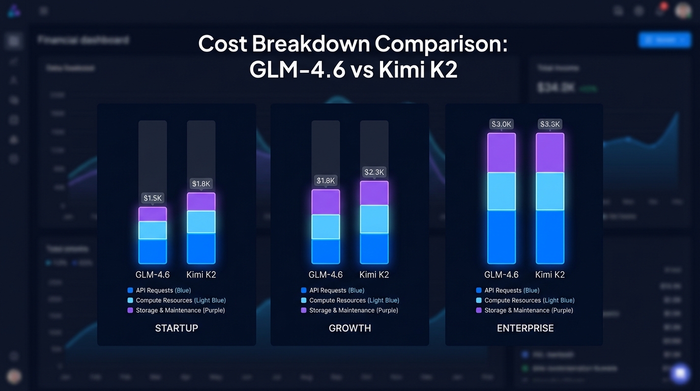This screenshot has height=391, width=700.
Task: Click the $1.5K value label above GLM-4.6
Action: pos(153,198)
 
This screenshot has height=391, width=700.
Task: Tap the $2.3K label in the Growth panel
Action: pos(374,172)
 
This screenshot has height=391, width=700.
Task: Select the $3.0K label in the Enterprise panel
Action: pos(501,124)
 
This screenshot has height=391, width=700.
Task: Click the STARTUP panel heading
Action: pos(177,328)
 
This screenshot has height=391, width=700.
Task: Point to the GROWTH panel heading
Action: pos(350,328)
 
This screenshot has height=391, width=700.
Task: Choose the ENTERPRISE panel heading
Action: pos(525,328)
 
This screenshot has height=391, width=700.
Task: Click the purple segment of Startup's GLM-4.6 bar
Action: pos(153,214)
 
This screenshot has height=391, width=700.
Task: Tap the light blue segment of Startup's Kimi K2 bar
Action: pos(201,222)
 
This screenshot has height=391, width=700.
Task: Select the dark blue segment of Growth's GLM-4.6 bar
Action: pos(326,251)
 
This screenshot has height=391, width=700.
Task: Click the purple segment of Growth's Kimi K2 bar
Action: pos(374,193)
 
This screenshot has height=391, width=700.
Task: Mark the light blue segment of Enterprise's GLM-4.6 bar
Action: pos(501,191)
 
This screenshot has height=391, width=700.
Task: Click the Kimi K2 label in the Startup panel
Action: pos(201,275)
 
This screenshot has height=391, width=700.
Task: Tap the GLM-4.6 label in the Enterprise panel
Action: pos(501,275)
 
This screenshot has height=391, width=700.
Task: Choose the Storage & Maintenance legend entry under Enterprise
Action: pos(524,310)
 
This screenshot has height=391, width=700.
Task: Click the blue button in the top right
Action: pos(664,40)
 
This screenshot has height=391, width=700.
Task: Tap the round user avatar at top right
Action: pos(683,11)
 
